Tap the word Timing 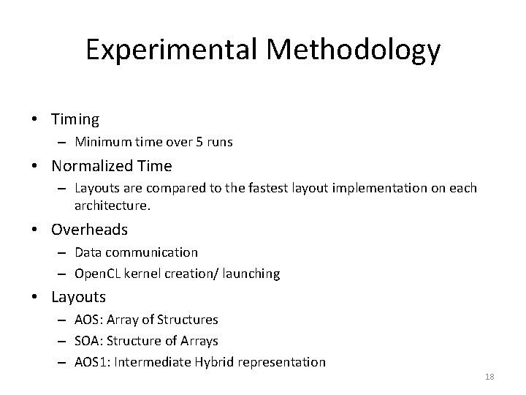pos(75,118)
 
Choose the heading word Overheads pos(89,230)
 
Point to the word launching pos(251,273)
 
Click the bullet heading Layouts pos(78,297)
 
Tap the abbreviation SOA pos(87,341)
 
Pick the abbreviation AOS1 pos(91,362)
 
